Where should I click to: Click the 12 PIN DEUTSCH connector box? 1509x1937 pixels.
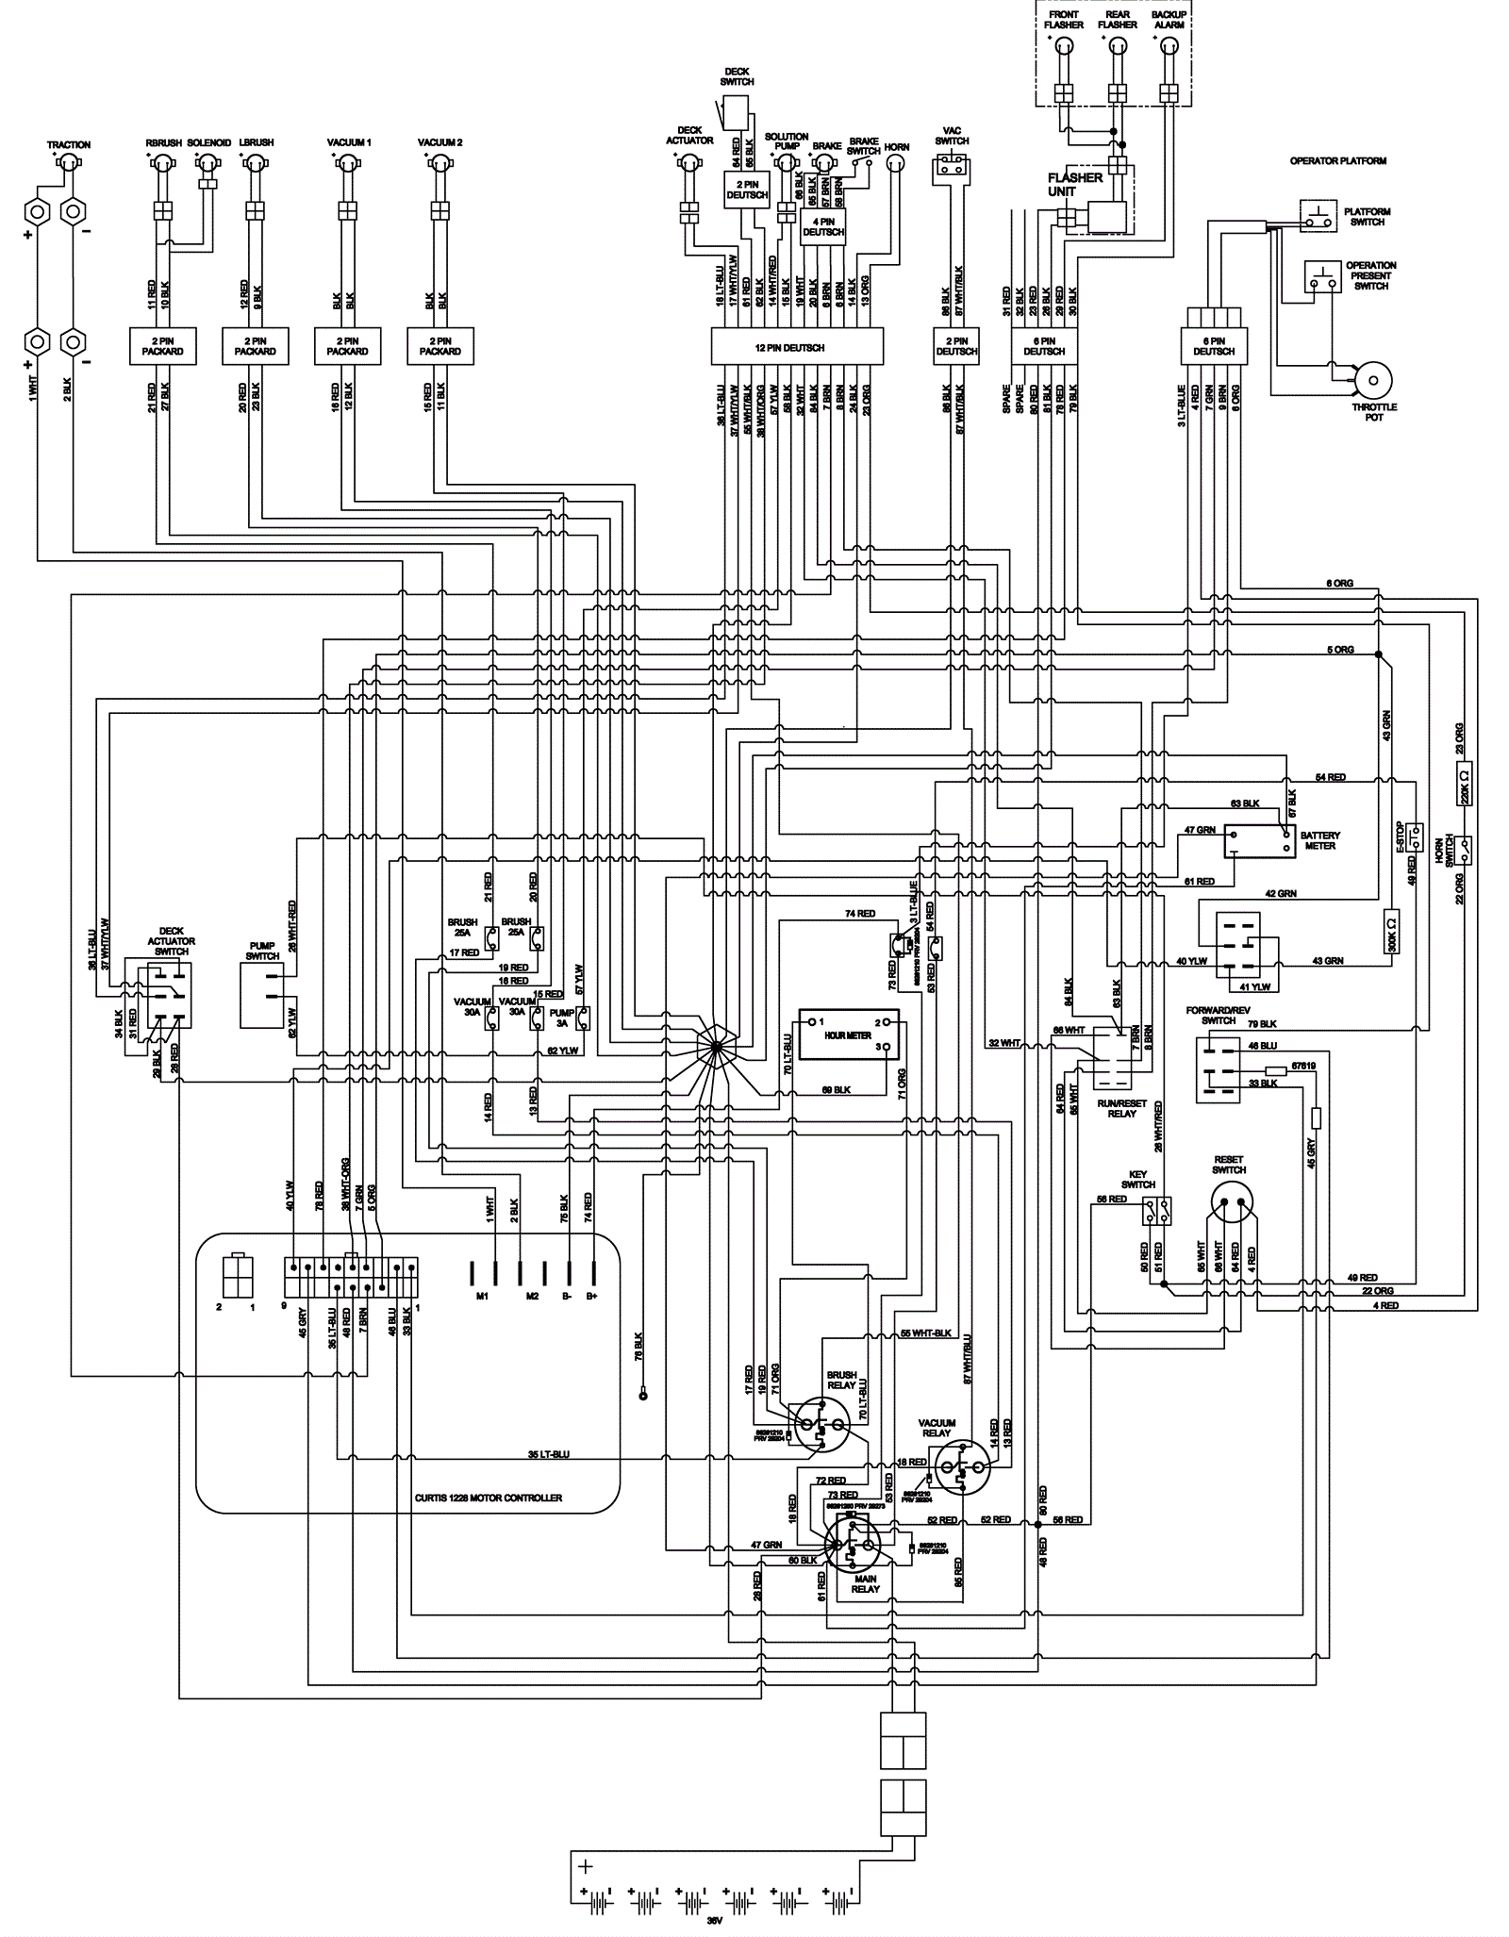pos(796,347)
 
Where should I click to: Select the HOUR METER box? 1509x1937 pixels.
pos(848,1035)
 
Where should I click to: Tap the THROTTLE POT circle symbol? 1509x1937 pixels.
pos(1372,382)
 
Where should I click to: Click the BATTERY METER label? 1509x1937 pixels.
pos(1319,840)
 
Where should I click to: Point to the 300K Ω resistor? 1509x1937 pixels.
pos(1392,932)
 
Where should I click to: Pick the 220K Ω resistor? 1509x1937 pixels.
pos(1464,783)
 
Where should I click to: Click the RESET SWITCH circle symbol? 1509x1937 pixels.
pos(1234,1205)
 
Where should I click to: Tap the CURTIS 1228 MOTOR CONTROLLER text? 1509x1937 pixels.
pos(488,1498)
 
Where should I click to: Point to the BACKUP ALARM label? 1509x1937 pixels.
pos(1169,20)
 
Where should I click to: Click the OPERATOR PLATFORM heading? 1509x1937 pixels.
pos(1337,161)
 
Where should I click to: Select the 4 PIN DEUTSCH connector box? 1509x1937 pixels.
pos(822,226)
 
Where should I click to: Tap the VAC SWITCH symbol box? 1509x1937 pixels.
pos(951,170)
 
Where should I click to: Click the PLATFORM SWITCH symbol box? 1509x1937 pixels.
pos(1317,216)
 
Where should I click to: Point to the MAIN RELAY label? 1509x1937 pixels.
pos(864,1583)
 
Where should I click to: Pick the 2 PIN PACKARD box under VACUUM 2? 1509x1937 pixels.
pos(439,347)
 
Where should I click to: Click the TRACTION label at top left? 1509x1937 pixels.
pos(69,145)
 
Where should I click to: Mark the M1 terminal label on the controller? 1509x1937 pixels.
pos(482,1297)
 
